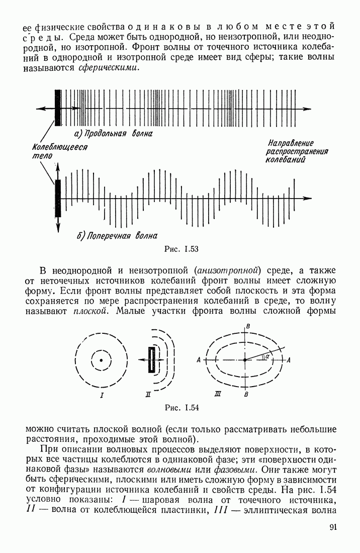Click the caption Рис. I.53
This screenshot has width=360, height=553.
pos(182,248)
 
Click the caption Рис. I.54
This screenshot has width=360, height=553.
pos(182,408)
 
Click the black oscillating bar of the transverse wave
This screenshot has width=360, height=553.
pos(57,198)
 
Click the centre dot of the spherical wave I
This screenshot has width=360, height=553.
pos(102,360)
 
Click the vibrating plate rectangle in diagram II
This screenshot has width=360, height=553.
pos(151,360)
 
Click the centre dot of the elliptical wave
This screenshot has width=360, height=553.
pos(245,360)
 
